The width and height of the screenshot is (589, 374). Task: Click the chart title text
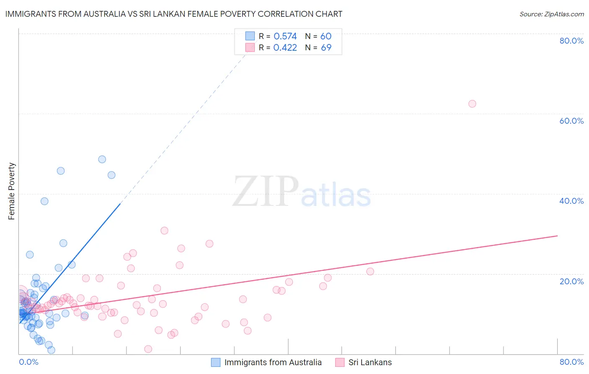(174, 14)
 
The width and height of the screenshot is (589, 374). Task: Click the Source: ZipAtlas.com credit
(551, 14)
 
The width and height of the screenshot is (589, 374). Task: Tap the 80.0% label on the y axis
(571, 41)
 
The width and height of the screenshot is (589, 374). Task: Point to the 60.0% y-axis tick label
(571, 121)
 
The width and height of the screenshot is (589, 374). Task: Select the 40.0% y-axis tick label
(571, 201)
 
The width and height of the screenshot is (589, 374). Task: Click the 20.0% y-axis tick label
(571, 281)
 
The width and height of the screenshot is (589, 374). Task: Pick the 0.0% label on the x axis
(28, 362)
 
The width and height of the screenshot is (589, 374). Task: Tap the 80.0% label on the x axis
(571, 362)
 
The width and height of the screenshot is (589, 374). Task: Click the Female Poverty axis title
(11, 191)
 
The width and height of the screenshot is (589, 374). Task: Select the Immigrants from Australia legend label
(273, 362)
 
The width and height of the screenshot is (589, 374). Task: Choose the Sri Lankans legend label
(370, 362)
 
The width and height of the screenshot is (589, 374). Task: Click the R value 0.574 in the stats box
(285, 36)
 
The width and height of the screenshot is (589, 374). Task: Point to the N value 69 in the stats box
(326, 48)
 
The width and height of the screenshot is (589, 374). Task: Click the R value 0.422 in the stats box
(285, 48)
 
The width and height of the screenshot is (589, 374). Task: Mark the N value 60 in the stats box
(326, 36)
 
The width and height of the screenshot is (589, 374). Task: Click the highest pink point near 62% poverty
(472, 104)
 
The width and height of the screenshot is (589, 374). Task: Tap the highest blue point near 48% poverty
(102, 159)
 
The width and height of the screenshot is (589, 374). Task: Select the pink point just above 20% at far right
(370, 271)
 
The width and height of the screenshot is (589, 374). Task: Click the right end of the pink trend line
(557, 236)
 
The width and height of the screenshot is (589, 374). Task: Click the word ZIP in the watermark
(266, 192)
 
